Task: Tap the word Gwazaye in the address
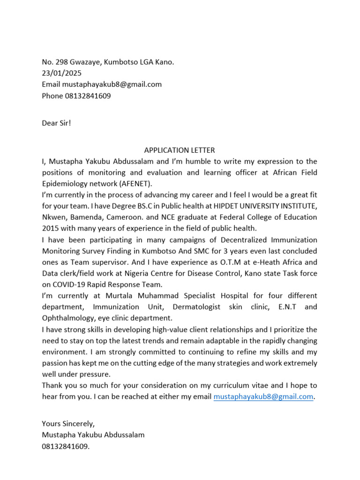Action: pos(86,62)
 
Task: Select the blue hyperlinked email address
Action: pos(263,397)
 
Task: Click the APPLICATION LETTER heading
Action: pos(180,150)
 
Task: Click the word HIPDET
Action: pos(230,206)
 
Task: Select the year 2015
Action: pos(51,228)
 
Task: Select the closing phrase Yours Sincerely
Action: pos(68,423)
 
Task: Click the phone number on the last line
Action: pos(65,446)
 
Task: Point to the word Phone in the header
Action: pos(52,96)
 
